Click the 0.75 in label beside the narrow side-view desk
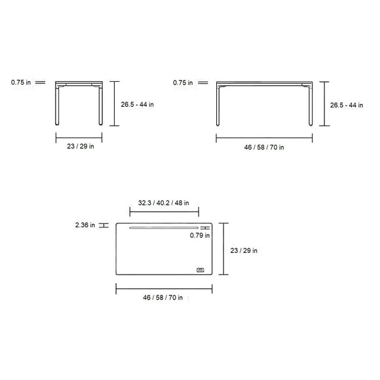[x=21, y=83]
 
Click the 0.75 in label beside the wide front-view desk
[x=183, y=83]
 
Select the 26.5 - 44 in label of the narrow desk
[x=138, y=104]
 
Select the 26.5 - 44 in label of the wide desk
[x=347, y=104]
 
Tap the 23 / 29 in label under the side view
[x=81, y=147]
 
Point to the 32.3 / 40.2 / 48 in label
[x=164, y=202]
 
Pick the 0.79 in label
[x=200, y=236]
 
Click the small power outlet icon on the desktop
[x=200, y=269]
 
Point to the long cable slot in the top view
[x=164, y=228]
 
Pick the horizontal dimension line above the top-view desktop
[x=164, y=212]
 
